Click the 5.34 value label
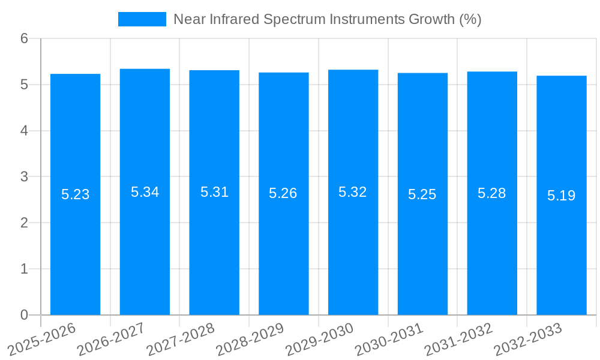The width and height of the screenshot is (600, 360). (145, 192)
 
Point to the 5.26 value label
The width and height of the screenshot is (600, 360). (283, 193)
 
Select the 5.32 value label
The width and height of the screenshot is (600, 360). (353, 192)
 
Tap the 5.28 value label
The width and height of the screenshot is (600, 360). (492, 193)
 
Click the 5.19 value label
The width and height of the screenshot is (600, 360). (562, 195)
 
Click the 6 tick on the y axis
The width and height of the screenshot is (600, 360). (25, 38)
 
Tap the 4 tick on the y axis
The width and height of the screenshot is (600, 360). (25, 131)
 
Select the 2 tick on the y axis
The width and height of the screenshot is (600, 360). (25, 223)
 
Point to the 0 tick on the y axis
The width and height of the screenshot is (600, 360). (25, 315)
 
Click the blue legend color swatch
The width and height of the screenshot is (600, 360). (142, 19)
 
